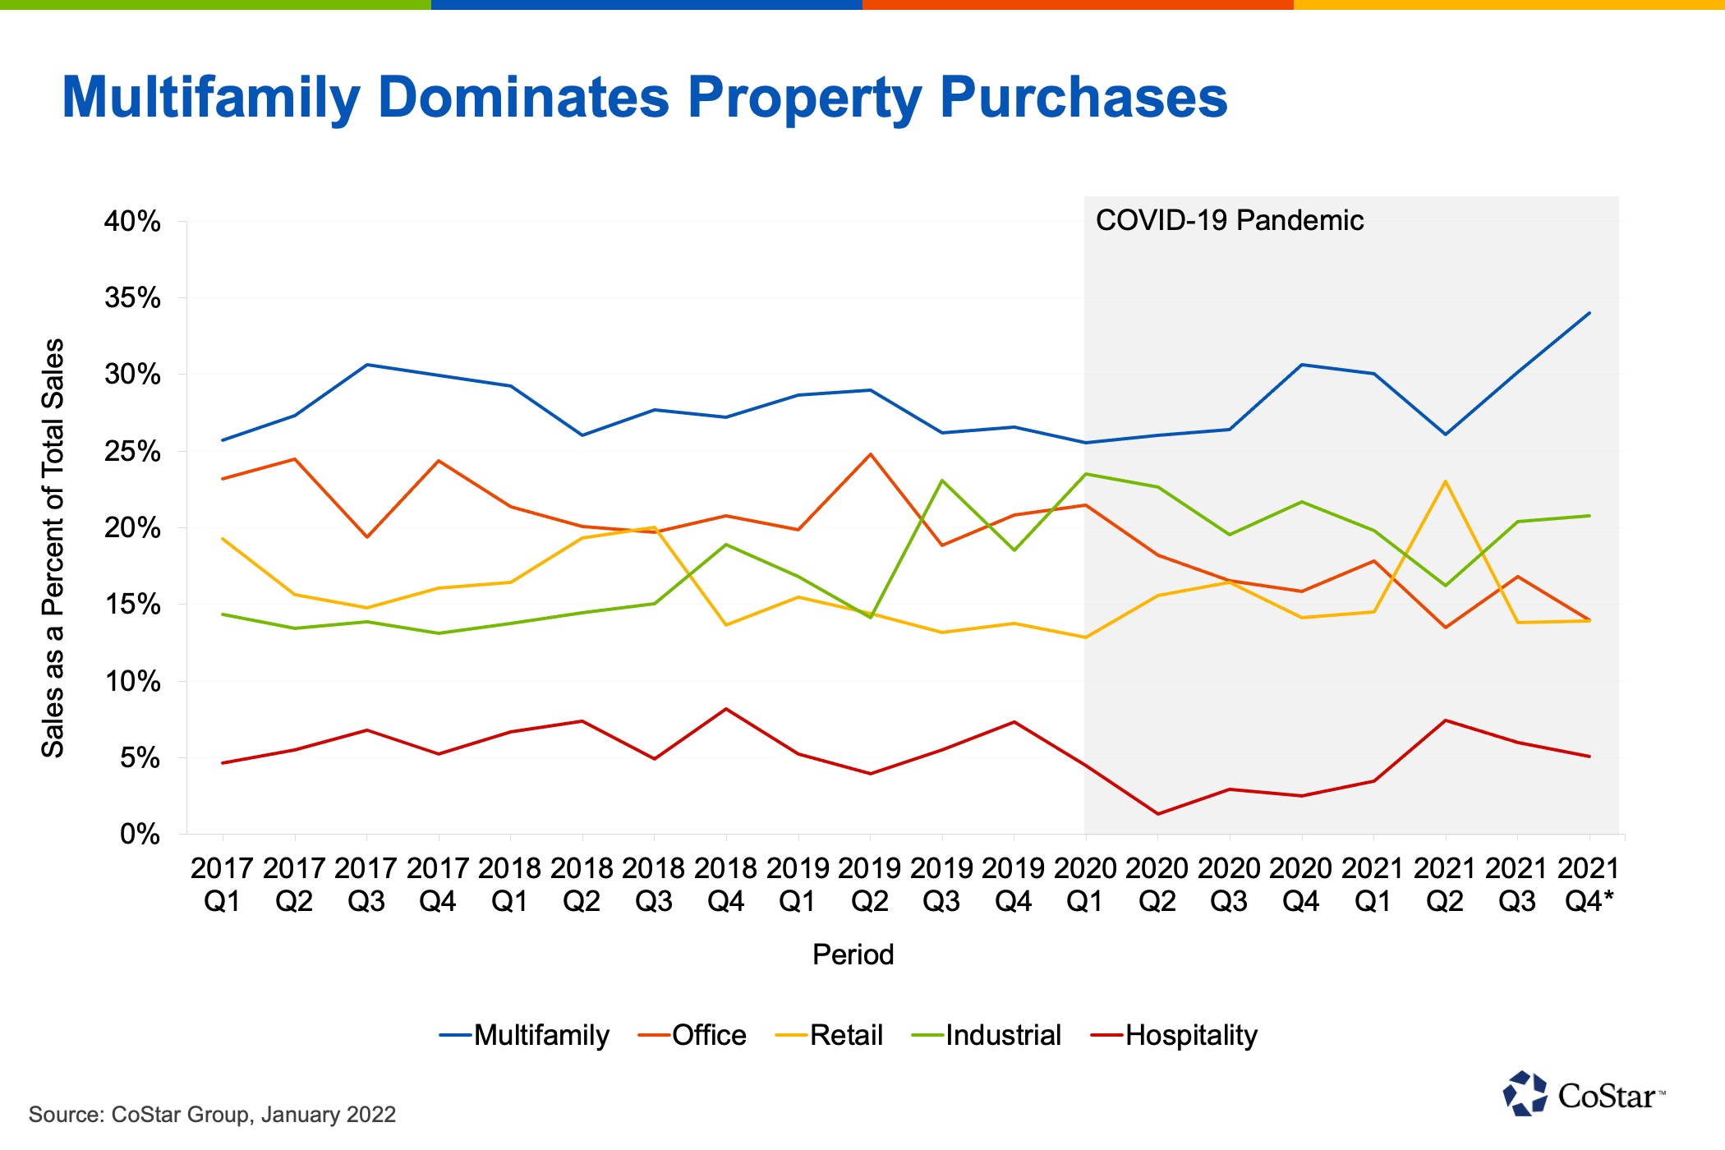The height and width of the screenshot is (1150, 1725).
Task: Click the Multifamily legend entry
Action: (524, 1035)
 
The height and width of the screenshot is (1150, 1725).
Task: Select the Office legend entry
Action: (692, 1035)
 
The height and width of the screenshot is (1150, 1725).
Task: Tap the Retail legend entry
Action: (829, 1035)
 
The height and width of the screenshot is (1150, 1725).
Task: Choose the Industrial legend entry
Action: (987, 1035)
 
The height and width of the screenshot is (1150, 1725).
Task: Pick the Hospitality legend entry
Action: (1174, 1035)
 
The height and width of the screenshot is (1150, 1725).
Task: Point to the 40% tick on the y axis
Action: (132, 221)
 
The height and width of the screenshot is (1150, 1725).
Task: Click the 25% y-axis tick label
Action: (132, 451)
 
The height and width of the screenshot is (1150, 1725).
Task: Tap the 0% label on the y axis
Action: (140, 835)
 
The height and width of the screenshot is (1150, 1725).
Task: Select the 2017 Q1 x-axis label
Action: (222, 885)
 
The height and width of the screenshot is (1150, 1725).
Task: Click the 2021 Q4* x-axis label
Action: (1589, 885)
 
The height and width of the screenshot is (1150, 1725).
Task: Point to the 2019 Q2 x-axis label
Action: (870, 885)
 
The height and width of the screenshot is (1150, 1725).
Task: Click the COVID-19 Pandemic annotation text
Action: (1230, 220)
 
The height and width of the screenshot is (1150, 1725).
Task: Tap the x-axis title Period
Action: (853, 954)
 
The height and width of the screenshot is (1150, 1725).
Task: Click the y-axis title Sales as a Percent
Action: (53, 547)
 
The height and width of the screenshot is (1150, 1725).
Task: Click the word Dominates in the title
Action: (524, 97)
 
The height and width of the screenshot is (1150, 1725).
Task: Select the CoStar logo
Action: (1584, 1094)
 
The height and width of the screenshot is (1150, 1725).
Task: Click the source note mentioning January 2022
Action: (212, 1115)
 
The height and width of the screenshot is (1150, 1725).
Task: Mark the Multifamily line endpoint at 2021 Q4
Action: (1589, 313)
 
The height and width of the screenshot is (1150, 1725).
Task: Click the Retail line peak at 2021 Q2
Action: (1446, 481)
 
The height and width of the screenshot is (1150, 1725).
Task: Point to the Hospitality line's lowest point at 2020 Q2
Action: (1157, 814)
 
